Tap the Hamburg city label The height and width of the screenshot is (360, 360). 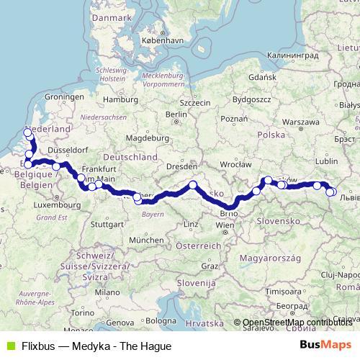coord(115,99)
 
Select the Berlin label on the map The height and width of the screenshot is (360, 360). coord(176,114)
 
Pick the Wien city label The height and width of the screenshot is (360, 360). coord(225,225)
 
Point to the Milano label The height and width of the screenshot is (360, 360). coord(109,293)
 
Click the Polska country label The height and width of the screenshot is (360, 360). coord(272,135)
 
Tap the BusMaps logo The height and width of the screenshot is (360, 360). coord(326,345)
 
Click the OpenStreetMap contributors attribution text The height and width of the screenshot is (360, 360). coord(297,322)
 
